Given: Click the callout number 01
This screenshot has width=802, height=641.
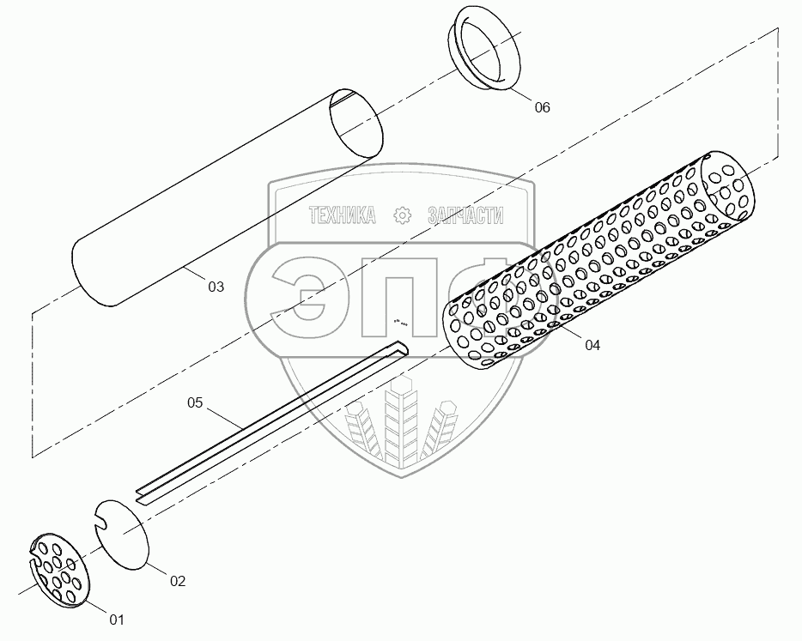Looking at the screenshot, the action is coord(115,618).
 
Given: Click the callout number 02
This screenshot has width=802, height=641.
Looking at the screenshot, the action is coord(176,581).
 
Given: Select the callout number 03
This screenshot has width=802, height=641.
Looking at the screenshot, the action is coord(215,287).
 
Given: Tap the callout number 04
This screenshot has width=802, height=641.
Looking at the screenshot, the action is coord(592,345).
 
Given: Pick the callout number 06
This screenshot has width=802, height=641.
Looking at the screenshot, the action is coord(542,107).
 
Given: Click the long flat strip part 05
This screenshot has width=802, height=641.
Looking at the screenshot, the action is coord(275,420).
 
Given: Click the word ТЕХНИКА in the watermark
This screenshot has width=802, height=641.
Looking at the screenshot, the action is coord(342,216).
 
